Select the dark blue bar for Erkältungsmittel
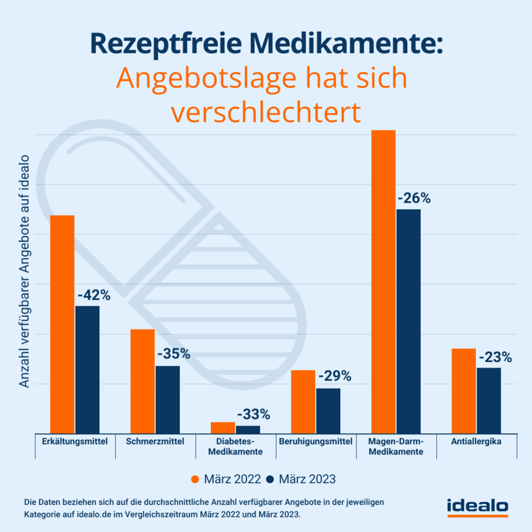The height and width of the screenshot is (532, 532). coord(87,369)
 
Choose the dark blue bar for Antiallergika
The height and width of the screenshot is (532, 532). coord(489,401)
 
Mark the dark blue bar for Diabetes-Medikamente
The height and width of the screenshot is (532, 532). coord(248,430)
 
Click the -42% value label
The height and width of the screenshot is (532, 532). coord(94,296)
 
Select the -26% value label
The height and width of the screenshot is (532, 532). coord(414,198)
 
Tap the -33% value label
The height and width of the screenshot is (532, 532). coord(254,415)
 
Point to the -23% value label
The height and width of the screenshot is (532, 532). coord(495,357)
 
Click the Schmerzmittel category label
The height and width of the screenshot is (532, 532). coord(155,442)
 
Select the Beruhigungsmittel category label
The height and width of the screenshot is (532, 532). coord(315,442)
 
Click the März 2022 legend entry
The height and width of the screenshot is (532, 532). coord(226,479)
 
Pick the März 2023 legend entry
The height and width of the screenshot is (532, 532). coord(301,479)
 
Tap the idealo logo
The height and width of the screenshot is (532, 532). coord(477,507)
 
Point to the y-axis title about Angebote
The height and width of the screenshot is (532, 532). coord(24,270)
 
